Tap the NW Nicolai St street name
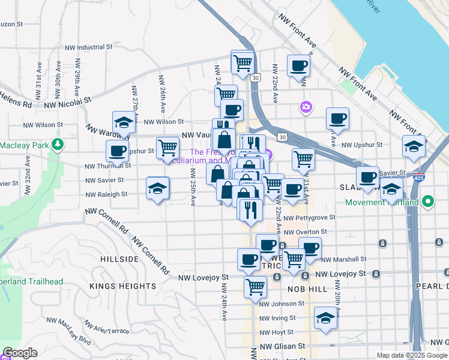[67, 103]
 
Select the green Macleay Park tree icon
[57, 144]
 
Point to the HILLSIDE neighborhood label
[119, 259]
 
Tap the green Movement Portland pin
[427, 202]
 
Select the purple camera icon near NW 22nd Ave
[306, 107]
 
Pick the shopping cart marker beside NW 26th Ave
[167, 148]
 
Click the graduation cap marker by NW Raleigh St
[157, 188]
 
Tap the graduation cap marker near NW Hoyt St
[325, 317]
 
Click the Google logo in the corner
[20, 353]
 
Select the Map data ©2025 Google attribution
[411, 355]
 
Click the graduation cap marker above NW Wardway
[124, 122]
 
